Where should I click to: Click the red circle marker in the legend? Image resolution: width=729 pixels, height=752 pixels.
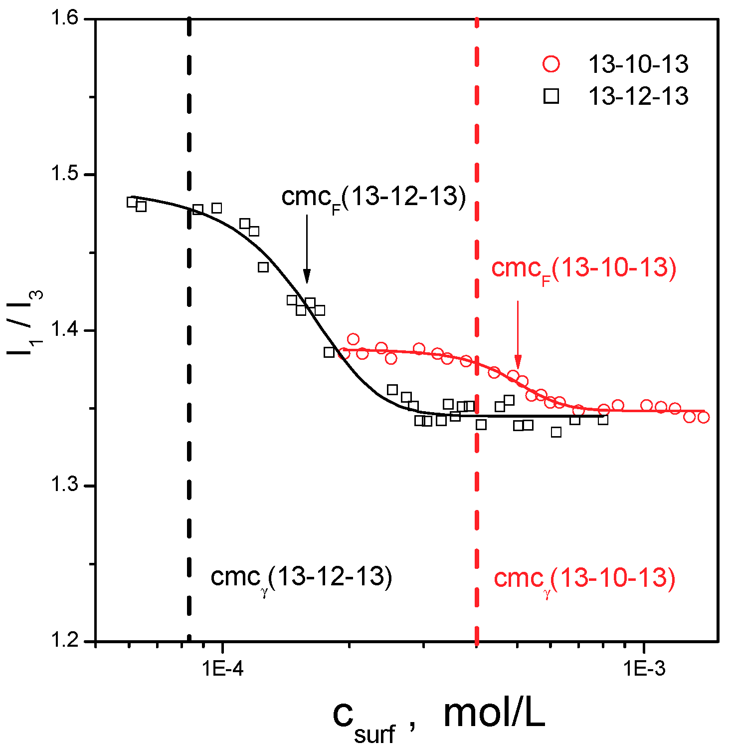[x=551, y=64]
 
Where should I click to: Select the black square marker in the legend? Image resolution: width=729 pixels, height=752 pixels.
[x=551, y=96]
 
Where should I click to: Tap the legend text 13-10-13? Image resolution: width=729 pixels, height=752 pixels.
[x=638, y=64]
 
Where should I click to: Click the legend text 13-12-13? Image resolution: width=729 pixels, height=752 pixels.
[x=638, y=96]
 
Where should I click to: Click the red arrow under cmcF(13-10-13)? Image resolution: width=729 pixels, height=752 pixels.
[x=518, y=334]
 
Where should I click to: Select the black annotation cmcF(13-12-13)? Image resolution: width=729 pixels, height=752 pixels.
[x=373, y=198]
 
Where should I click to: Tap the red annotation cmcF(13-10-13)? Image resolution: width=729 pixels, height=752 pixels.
[x=583, y=269]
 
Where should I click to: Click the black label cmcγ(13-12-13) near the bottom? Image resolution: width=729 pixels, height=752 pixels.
[x=301, y=578]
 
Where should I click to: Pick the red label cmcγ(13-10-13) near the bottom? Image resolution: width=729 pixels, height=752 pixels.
[x=584, y=579]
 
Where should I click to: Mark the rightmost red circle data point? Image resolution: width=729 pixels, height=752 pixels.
[x=703, y=417]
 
